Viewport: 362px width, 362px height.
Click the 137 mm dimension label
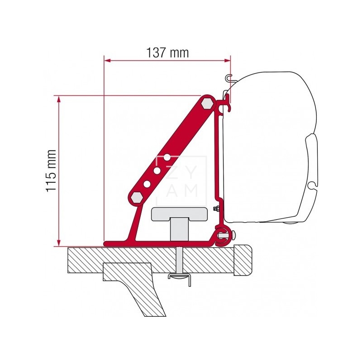167,52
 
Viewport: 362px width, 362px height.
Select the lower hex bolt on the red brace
136,197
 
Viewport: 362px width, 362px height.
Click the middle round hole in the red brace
157,171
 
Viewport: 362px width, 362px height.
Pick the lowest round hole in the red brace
147,184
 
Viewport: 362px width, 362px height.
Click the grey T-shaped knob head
181,213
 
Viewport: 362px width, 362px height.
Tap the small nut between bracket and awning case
217,209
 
